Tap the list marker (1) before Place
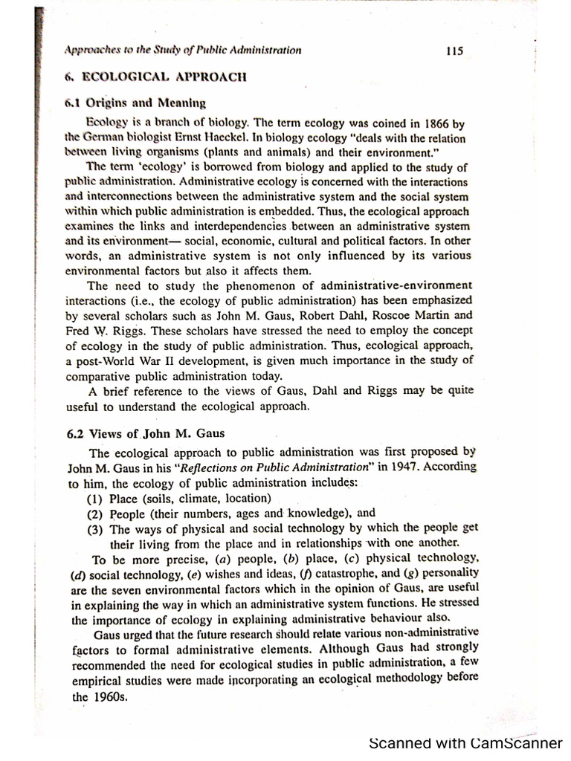(96, 498)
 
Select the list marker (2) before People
(96, 514)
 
